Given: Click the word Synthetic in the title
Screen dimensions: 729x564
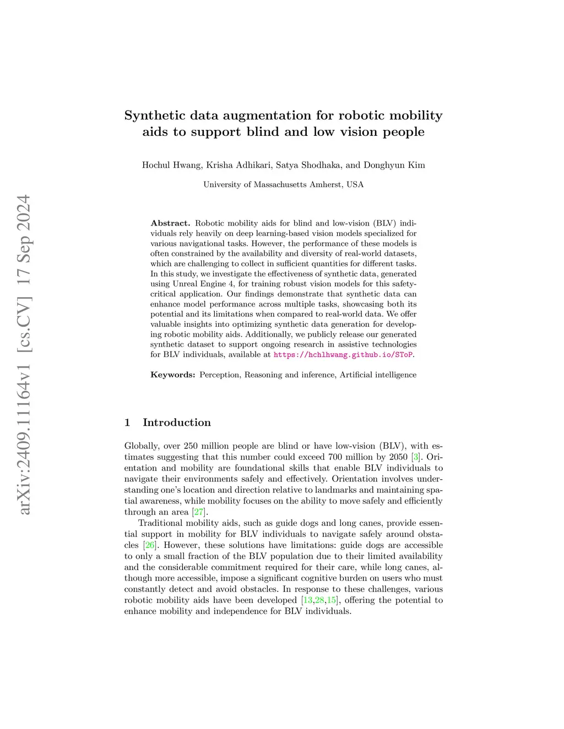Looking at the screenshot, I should [x=155, y=116].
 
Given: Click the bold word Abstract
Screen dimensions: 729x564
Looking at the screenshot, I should [x=170, y=223].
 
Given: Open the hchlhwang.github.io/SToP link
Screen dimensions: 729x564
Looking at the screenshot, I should [x=343, y=355].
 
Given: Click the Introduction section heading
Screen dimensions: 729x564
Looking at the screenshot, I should [x=176, y=423].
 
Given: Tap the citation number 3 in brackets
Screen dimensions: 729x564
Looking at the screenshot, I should [x=416, y=457].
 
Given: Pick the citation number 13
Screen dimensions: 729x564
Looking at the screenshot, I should [x=308, y=600].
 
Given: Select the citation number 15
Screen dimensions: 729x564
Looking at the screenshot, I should [x=332, y=600].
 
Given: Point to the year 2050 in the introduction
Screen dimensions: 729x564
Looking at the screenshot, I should [x=398, y=457].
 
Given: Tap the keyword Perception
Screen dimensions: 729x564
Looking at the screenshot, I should [x=219, y=375].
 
